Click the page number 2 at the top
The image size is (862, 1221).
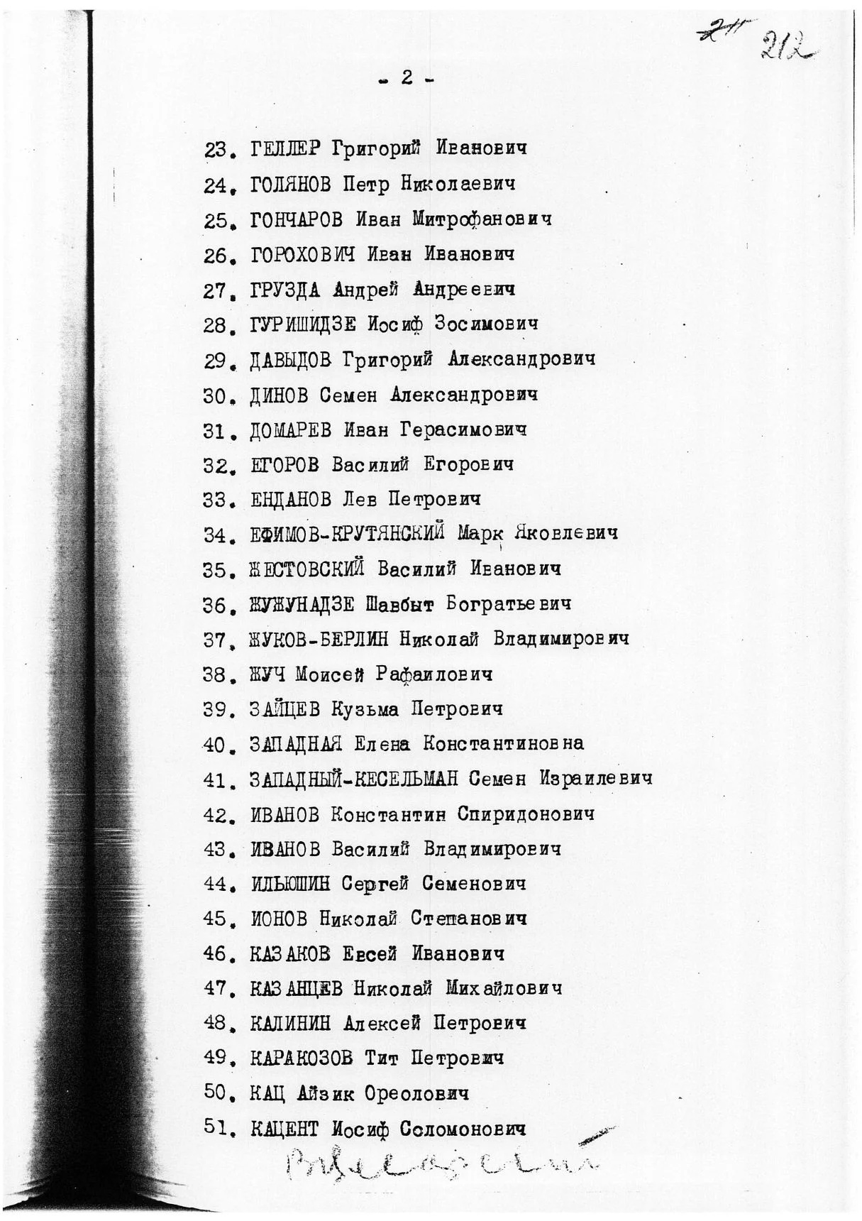[407, 78]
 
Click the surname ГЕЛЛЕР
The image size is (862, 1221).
[286, 149]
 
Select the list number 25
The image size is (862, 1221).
[215, 220]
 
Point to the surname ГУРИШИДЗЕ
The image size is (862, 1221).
[303, 324]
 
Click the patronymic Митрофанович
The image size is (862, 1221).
[482, 219]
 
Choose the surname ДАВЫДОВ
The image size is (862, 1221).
[291, 360]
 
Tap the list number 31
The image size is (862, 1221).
[215, 430]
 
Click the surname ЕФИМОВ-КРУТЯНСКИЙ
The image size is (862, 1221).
[348, 534]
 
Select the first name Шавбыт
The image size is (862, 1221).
[399, 604]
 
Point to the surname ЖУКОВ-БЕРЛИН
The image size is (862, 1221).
[319, 639]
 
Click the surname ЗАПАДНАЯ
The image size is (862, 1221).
[297, 744]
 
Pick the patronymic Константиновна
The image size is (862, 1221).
[503, 743]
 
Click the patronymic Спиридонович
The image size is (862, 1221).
[526, 814]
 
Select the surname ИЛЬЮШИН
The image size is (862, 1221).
[291, 884]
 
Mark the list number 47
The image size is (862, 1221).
[215, 989]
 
